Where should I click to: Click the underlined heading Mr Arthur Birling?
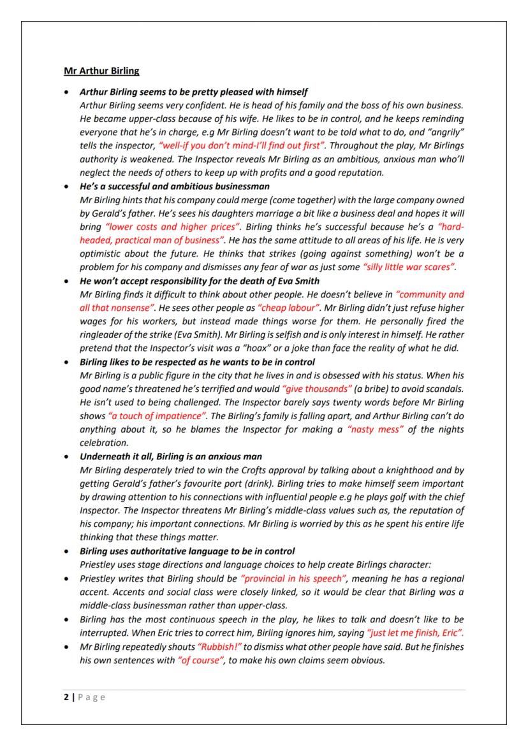click(x=101, y=70)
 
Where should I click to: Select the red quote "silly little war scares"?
click(x=409, y=267)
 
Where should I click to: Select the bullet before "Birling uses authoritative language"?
click(x=67, y=552)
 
